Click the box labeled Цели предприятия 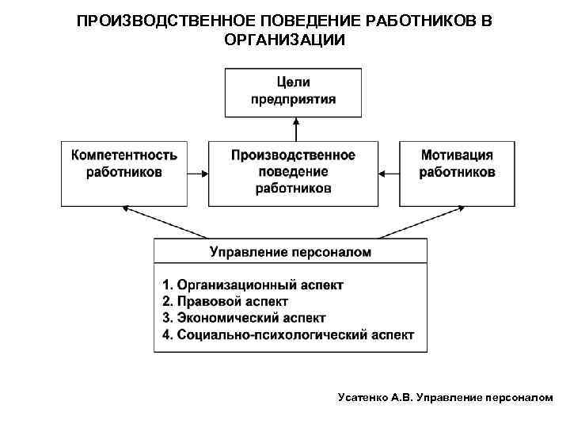[x=293, y=91]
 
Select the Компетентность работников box [x=124, y=173]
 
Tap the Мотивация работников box [x=457, y=173]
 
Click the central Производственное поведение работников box [x=293, y=173]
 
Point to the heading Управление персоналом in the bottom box [x=290, y=252]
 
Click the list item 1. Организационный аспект [x=253, y=285]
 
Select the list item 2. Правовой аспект [x=225, y=301]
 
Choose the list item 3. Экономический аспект [x=244, y=318]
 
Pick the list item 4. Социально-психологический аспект [x=287, y=335]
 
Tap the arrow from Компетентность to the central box [x=198, y=172]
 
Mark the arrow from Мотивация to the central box [x=389, y=172]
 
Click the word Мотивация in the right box [x=457, y=155]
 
